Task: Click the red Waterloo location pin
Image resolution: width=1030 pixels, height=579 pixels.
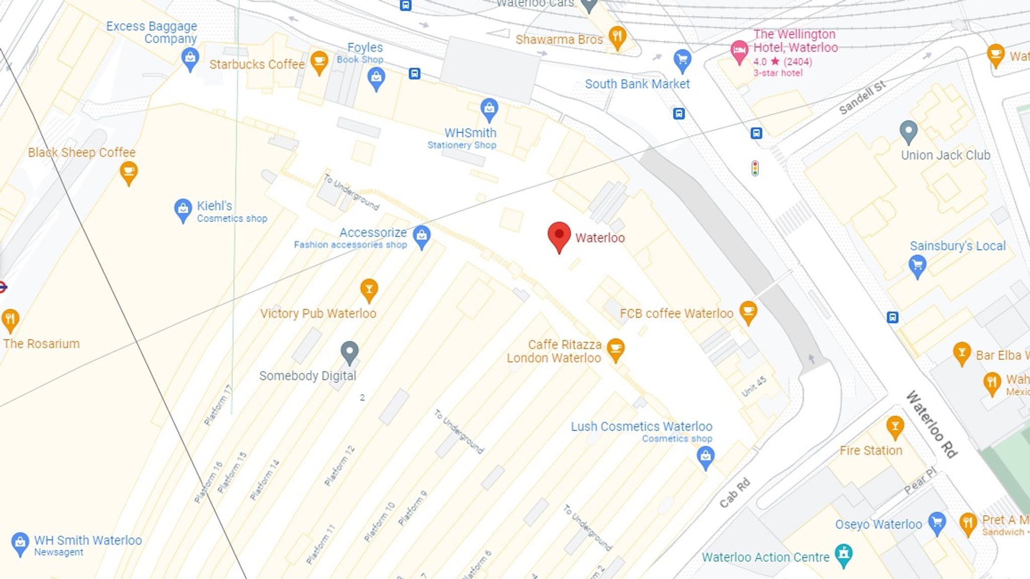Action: pyautogui.click(x=559, y=235)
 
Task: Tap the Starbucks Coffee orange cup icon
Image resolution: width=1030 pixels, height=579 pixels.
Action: pyautogui.click(x=319, y=62)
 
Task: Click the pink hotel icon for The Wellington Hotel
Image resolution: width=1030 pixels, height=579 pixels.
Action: pyautogui.click(x=739, y=51)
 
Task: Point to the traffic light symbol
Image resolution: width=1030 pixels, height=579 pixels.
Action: pyautogui.click(x=755, y=168)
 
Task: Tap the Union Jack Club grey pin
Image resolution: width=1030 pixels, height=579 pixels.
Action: pyautogui.click(x=908, y=132)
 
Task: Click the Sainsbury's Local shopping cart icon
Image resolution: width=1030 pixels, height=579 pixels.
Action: pyautogui.click(x=917, y=265)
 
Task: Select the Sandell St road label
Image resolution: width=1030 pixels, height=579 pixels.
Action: pyautogui.click(x=862, y=97)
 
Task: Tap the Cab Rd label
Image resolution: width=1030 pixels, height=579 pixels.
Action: pyautogui.click(x=734, y=493)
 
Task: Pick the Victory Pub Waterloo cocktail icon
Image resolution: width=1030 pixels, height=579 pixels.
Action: pyautogui.click(x=369, y=289)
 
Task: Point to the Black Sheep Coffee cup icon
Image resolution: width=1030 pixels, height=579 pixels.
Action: pyautogui.click(x=129, y=172)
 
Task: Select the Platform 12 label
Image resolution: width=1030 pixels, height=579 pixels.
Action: pyautogui.click(x=339, y=465)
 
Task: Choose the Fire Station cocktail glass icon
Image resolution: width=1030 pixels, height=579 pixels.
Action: pyautogui.click(x=895, y=427)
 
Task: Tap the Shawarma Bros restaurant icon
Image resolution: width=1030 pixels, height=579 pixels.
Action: pyautogui.click(x=617, y=37)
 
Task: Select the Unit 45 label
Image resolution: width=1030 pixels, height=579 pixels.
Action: pyautogui.click(x=754, y=386)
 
